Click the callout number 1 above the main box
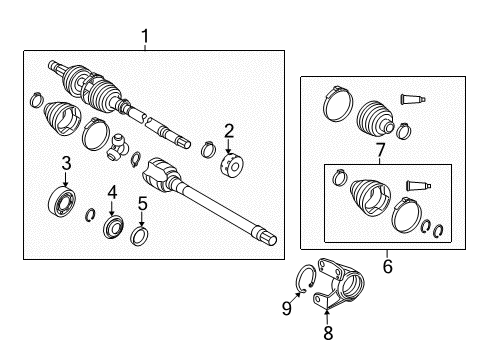pos(146,37)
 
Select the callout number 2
pos(228,129)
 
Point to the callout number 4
pos(112,189)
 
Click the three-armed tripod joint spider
pos(120,147)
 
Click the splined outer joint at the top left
pos(62,71)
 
